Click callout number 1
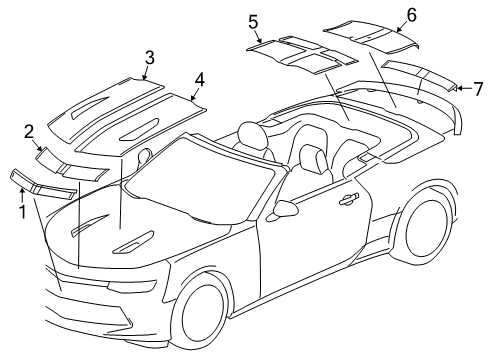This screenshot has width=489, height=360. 20,211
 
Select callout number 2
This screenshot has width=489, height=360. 29,130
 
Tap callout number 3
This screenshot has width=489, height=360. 148,56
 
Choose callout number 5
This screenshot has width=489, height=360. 253,21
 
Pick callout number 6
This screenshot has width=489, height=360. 410,14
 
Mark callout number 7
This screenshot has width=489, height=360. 477,89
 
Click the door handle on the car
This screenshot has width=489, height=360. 348,199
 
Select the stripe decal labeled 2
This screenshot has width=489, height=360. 70,162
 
